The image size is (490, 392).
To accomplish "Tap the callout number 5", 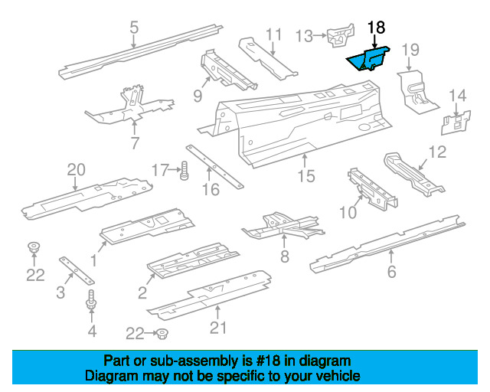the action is click(134, 29).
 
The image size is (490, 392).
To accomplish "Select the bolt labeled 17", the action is click(185, 171).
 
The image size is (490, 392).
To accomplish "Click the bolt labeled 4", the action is click(92, 302).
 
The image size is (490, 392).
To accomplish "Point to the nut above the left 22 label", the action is click(34, 247).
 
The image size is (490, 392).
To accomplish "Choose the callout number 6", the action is click(393, 273).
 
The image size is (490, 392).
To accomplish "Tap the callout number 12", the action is click(436, 152).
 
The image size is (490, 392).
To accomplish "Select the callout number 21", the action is click(219, 329).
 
